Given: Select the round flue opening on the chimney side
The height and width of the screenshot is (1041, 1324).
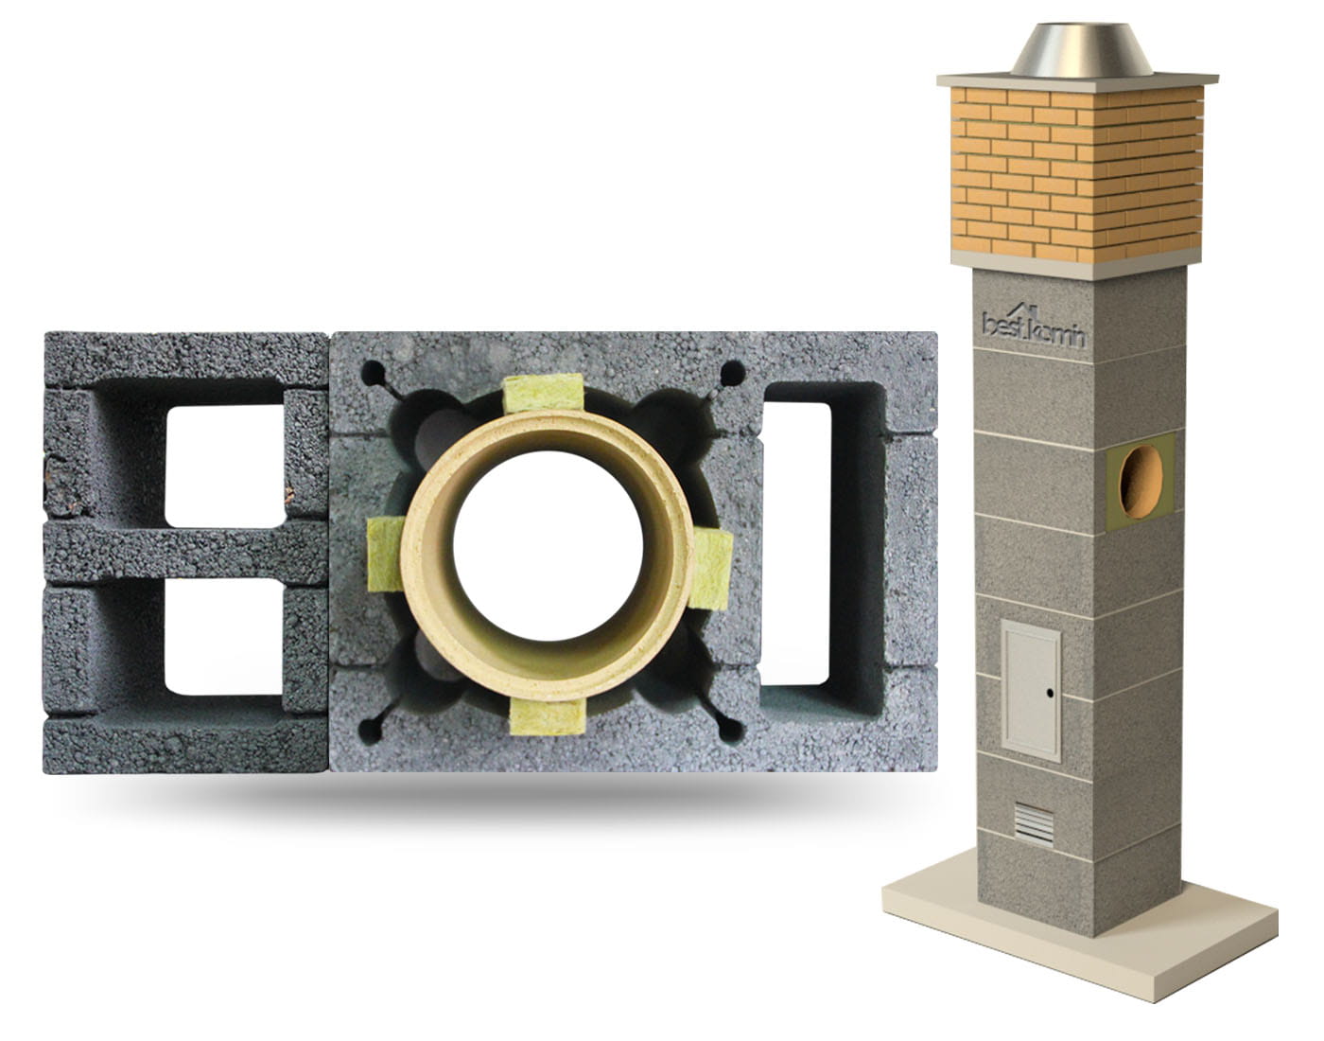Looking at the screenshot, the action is point(1141,482).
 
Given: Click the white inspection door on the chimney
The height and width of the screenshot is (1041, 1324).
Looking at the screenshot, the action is point(1031,690).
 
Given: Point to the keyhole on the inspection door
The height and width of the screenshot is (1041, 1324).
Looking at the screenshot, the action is point(1050,694).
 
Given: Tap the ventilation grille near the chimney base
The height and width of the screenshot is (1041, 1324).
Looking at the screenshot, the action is point(1034,824).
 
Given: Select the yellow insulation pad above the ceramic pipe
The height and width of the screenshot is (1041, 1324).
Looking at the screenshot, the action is point(544,393).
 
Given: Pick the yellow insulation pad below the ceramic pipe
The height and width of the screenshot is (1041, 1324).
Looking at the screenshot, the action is point(548,717).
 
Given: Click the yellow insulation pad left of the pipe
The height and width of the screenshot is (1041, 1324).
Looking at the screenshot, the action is point(386,554).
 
